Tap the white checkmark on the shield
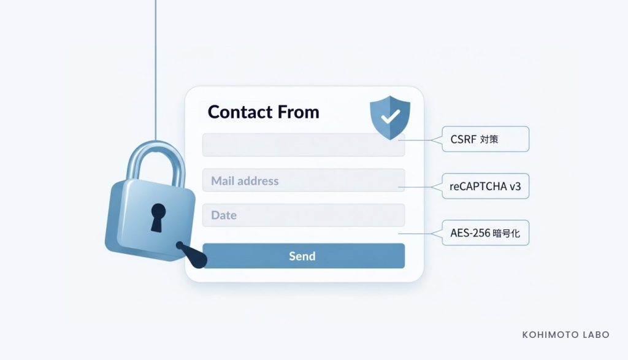390,117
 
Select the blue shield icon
390,117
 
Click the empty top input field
304,145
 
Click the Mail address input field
304,180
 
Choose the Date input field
304,215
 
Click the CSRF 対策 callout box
486,139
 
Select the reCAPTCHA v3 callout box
486,186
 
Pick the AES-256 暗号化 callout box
486,232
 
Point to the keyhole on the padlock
158,217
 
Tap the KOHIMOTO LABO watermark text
565,335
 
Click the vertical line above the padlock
155,70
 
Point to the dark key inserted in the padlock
192,255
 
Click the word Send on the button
302,256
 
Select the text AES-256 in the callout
470,232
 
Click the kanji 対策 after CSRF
489,139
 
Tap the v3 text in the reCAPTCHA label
515,186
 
